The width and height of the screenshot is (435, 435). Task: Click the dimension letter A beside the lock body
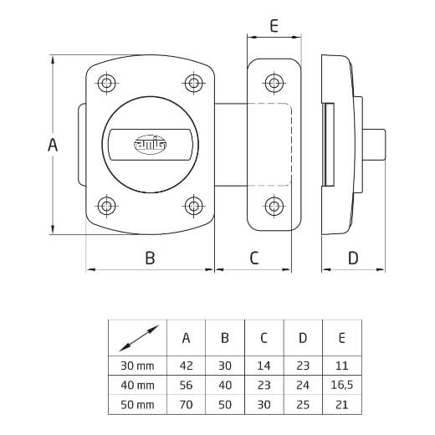pyautogui.click(x=53, y=145)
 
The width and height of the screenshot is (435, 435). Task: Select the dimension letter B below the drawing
pyautogui.click(x=150, y=258)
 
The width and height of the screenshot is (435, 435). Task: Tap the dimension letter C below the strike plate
pyautogui.click(x=254, y=258)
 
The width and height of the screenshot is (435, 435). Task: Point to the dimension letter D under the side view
pyautogui.click(x=353, y=258)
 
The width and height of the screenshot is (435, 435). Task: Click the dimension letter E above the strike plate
pyautogui.click(x=274, y=26)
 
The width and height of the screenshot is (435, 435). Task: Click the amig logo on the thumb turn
pyautogui.click(x=151, y=145)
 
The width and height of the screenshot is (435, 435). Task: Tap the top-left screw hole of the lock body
pyautogui.click(x=107, y=83)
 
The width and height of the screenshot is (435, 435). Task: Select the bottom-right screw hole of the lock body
pyautogui.click(x=193, y=206)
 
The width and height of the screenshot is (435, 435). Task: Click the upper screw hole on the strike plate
pyautogui.click(x=274, y=83)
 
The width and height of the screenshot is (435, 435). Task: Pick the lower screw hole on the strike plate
pyautogui.click(x=274, y=206)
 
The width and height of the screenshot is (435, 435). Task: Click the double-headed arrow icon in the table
pyautogui.click(x=139, y=338)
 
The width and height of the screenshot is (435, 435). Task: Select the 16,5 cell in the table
pyautogui.click(x=342, y=385)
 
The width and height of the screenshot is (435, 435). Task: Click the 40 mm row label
pyautogui.click(x=137, y=386)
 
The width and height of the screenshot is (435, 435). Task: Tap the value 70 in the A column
pyautogui.click(x=186, y=405)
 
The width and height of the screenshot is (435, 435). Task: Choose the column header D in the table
pyautogui.click(x=303, y=338)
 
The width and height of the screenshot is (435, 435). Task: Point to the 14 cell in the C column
pyautogui.click(x=264, y=366)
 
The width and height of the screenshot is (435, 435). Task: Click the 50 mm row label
pyautogui.click(x=137, y=405)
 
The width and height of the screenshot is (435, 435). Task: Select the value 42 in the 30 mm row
pyautogui.click(x=186, y=366)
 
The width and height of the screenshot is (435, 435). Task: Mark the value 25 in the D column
pyautogui.click(x=303, y=405)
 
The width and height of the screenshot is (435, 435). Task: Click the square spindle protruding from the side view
pyautogui.click(x=374, y=145)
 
